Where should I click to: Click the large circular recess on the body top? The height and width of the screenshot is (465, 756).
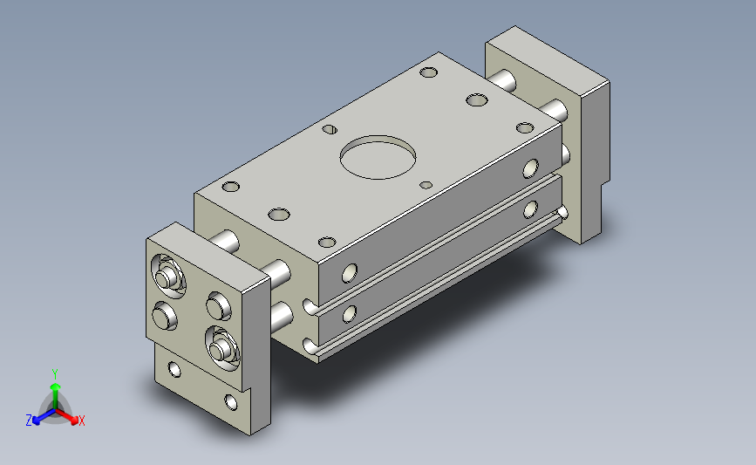[378, 157]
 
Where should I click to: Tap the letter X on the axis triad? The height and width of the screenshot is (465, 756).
[81, 421]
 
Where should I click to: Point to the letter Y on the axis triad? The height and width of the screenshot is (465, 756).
[55, 374]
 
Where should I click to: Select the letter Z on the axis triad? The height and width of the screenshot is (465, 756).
[29, 421]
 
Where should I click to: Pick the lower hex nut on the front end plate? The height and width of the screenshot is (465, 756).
[221, 348]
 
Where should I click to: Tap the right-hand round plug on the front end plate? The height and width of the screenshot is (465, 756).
[219, 306]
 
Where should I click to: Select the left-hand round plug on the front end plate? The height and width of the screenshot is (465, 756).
[165, 316]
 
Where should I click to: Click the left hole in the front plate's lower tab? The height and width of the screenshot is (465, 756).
[174, 370]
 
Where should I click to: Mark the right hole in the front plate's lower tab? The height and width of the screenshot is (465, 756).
[231, 402]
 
